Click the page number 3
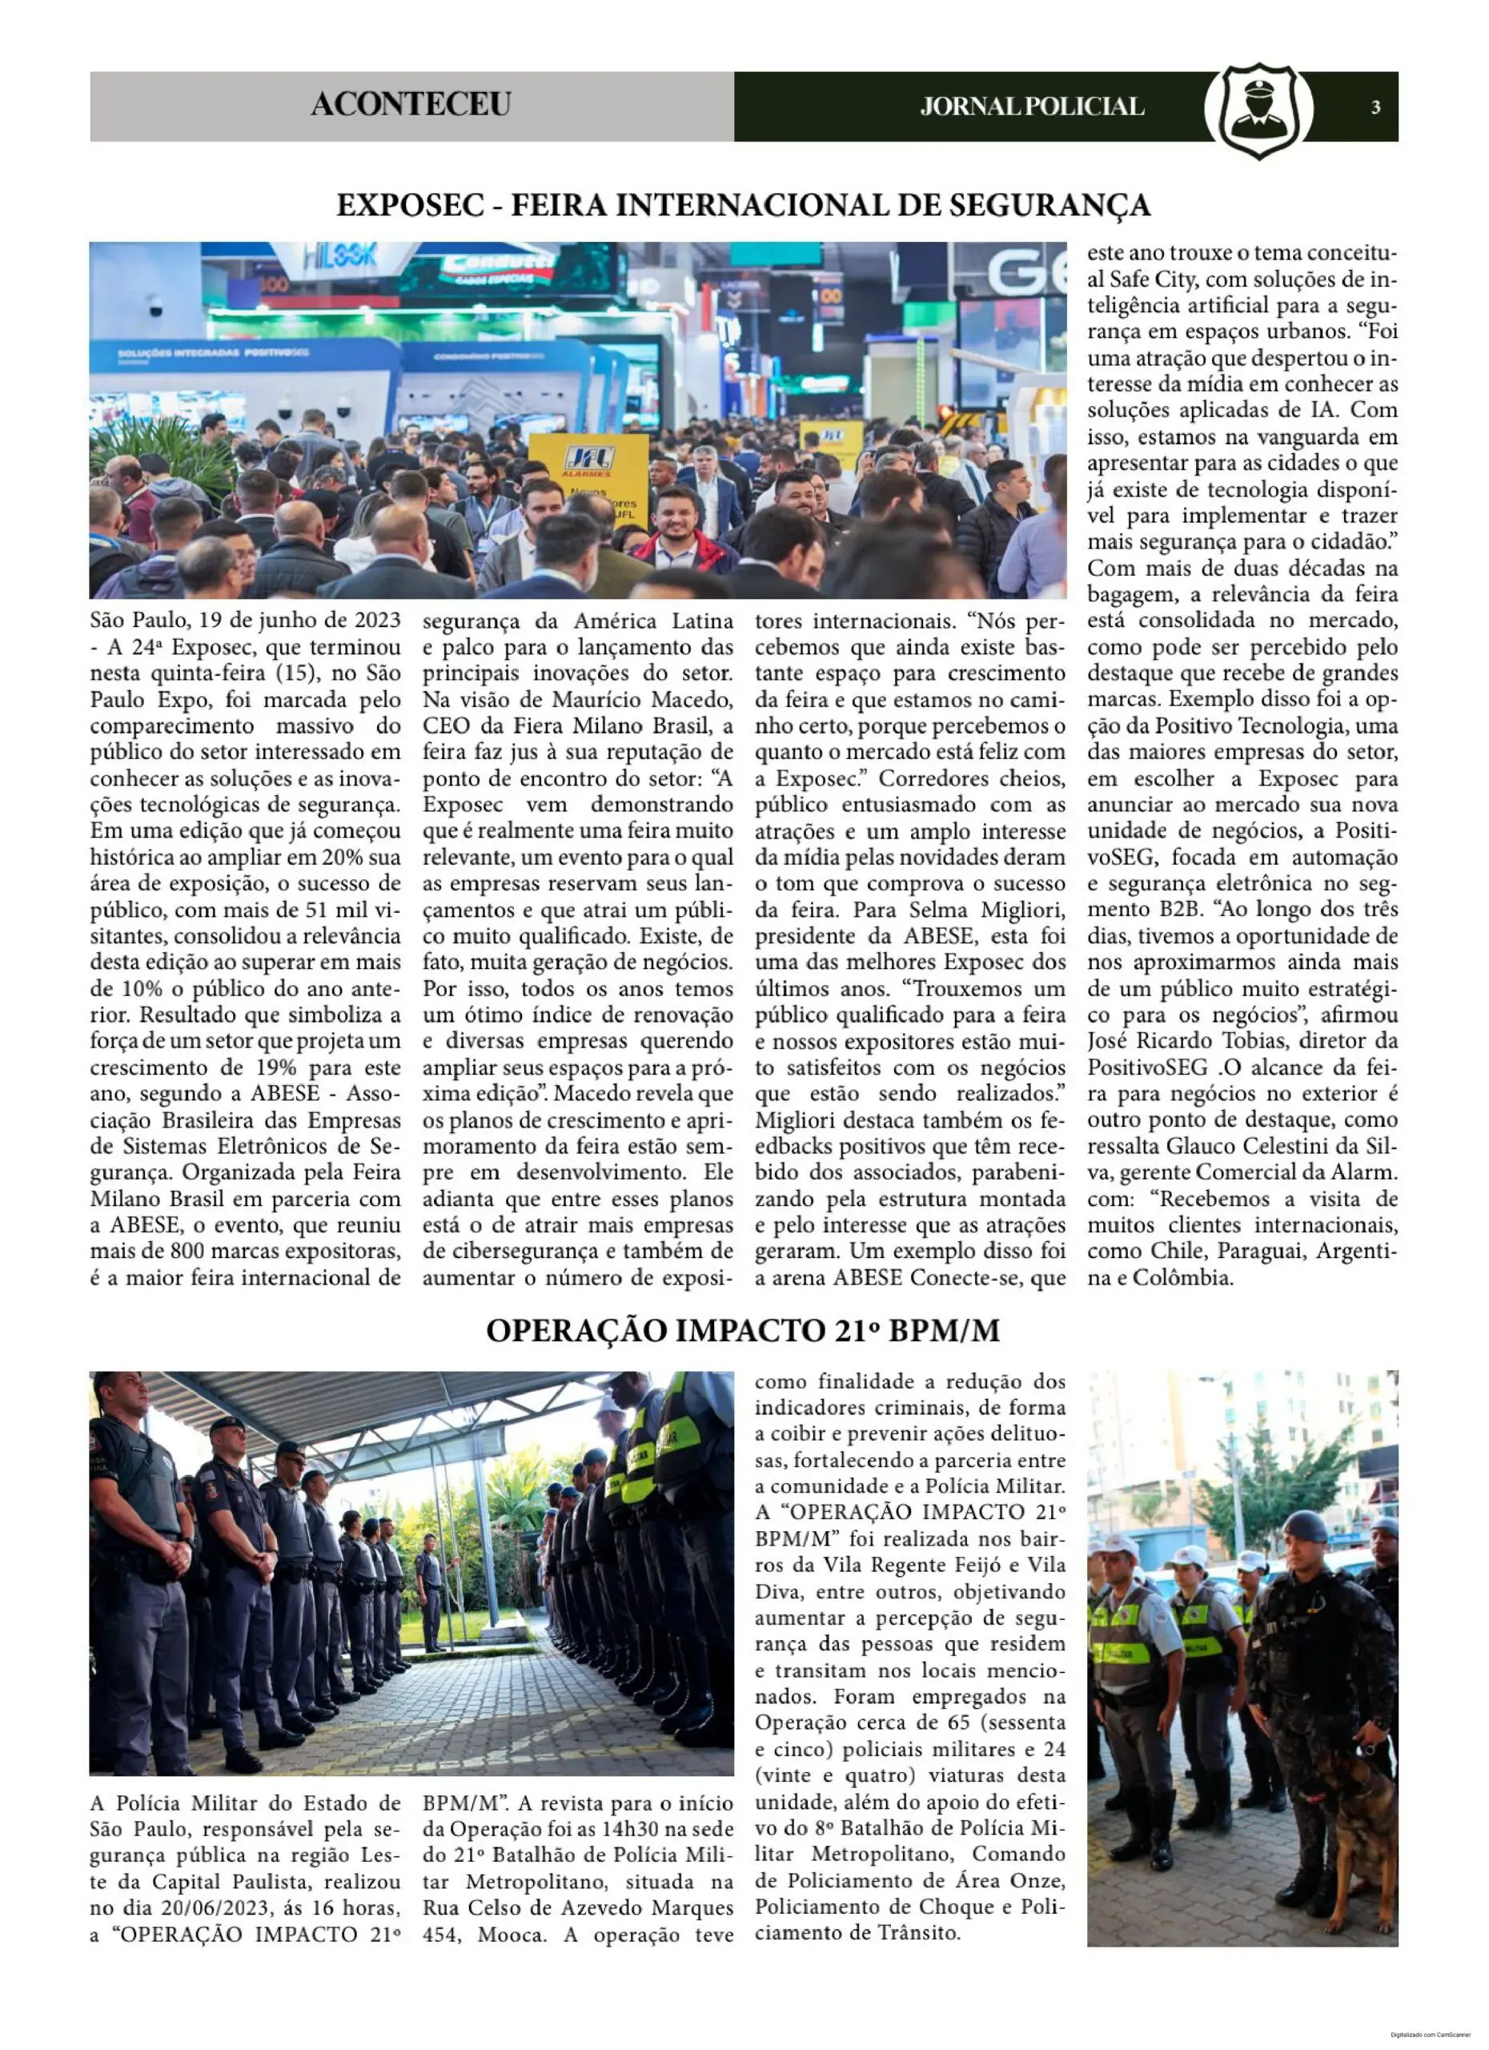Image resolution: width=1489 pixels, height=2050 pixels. point(1375,107)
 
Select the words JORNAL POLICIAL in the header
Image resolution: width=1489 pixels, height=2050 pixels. point(1032,107)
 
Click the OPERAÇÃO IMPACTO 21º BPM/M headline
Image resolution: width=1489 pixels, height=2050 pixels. point(743,1331)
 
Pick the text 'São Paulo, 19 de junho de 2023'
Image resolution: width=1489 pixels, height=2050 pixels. point(245,621)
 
